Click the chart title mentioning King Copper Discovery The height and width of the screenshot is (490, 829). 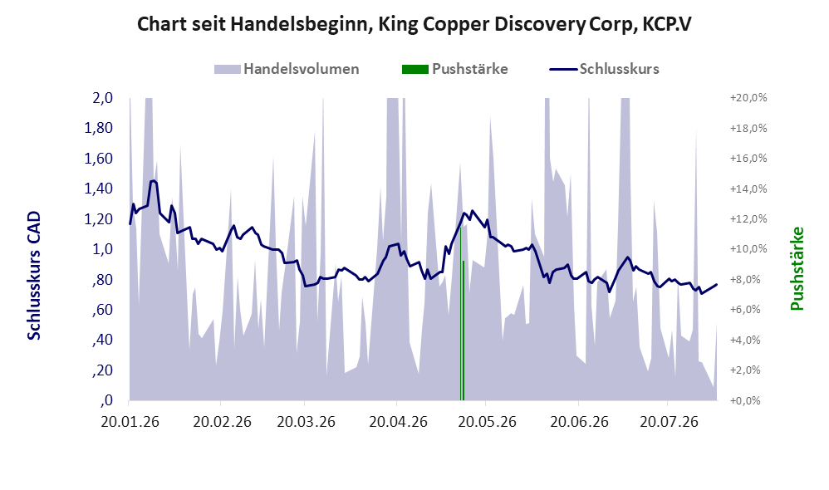pyautogui.click(x=414, y=25)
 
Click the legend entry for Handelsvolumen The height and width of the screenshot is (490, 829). pyautogui.click(x=287, y=69)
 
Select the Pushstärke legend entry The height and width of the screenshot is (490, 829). pyautogui.click(x=454, y=69)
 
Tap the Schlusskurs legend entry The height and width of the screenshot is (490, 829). pyautogui.click(x=604, y=69)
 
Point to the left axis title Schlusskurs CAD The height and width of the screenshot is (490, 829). pyautogui.click(x=34, y=276)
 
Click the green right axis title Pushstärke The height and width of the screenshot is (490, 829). pyautogui.click(x=797, y=268)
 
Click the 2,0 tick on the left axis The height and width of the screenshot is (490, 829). pyautogui.click(x=102, y=98)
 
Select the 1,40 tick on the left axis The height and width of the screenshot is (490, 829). pyautogui.click(x=98, y=189)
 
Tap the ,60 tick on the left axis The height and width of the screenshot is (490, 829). pyautogui.click(x=102, y=310)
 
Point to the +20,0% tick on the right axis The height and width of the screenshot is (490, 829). pyautogui.click(x=748, y=98)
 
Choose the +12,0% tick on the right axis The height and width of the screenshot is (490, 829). pyautogui.click(x=748, y=218)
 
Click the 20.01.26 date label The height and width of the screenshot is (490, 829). pyautogui.click(x=130, y=422)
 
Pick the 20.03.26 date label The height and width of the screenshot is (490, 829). pyautogui.click(x=307, y=422)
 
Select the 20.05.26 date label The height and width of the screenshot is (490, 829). pyautogui.click(x=487, y=422)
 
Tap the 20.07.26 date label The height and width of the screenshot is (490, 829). pyautogui.click(x=669, y=422)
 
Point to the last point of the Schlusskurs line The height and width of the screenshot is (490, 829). pyautogui.click(x=717, y=284)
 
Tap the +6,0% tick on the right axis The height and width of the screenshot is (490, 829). pyautogui.click(x=748, y=310)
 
